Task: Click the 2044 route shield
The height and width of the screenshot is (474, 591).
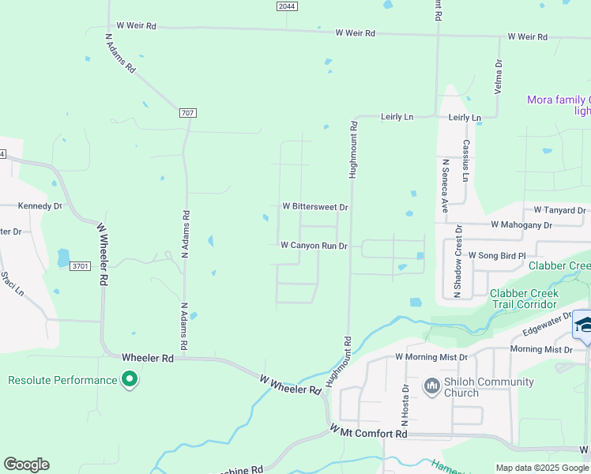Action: [x=288, y=6]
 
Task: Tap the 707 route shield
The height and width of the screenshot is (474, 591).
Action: [x=187, y=113]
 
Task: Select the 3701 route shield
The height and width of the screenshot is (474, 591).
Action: [x=80, y=266]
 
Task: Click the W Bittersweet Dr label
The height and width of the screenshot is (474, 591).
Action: [x=315, y=206]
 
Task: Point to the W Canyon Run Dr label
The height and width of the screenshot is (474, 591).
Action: [x=314, y=246]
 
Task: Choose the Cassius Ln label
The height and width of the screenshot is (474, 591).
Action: [x=466, y=161]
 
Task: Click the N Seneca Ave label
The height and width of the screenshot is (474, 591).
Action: [x=445, y=186]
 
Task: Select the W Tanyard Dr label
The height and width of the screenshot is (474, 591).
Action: [x=559, y=210]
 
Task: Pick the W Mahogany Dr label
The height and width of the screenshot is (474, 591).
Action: [x=521, y=225]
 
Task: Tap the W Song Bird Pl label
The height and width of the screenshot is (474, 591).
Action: [x=496, y=256]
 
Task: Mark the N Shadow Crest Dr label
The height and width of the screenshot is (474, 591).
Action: [x=457, y=261]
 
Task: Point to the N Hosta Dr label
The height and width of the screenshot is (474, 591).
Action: [x=406, y=401]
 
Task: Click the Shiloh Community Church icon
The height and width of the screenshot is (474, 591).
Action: [x=431, y=386]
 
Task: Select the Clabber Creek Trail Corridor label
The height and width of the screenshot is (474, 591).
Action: [x=525, y=299]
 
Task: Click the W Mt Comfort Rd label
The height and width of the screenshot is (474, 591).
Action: [x=368, y=433]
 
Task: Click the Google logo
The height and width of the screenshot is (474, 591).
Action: [x=26, y=465]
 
